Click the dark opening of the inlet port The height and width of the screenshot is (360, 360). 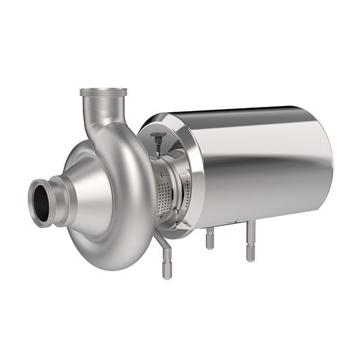(41, 203)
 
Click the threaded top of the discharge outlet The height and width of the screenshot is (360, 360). (103, 92)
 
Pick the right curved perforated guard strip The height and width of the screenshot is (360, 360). (187, 192)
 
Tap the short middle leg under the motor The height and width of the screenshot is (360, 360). (209, 239)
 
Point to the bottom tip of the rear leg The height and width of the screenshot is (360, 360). (250, 258)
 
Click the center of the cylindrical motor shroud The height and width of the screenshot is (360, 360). (264, 165)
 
